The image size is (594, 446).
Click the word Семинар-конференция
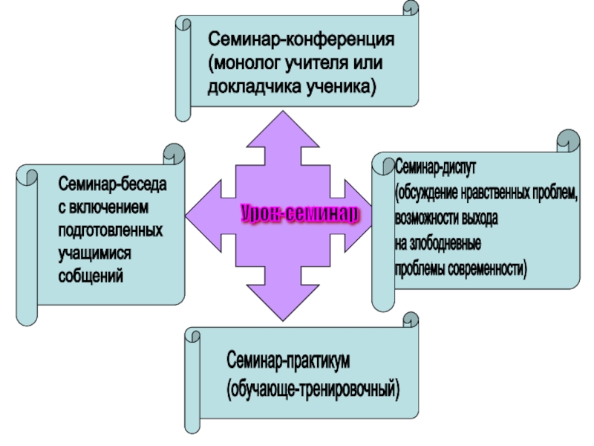point(301,38)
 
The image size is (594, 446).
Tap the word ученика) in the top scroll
point(342,87)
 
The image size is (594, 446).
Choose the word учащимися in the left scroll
point(95,253)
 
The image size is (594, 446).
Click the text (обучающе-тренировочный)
point(313,388)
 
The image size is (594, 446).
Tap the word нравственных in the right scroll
point(495,193)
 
